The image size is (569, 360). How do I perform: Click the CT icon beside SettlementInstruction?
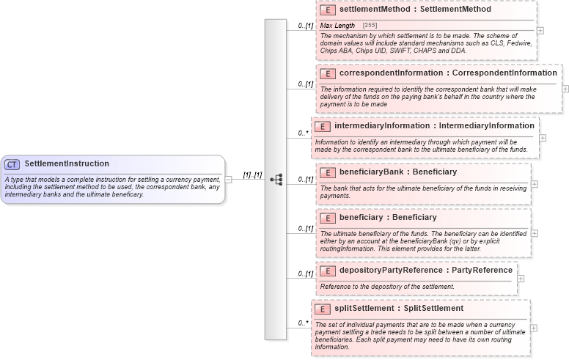(x=12, y=164)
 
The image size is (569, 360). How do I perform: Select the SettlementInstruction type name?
(x=67, y=164)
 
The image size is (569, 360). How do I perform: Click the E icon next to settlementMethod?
(x=328, y=10)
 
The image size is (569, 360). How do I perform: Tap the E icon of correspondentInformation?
(x=328, y=73)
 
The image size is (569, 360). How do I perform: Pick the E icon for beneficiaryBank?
(x=328, y=172)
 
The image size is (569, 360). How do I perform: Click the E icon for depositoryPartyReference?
(x=328, y=271)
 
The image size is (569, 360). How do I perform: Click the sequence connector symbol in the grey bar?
(x=276, y=179)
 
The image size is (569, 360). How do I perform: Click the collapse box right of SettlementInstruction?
(x=229, y=179)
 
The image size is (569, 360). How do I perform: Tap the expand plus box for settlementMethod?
(x=540, y=31)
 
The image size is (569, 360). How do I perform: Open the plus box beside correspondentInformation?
(x=565, y=89)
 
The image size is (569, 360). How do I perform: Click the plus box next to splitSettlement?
(x=533, y=328)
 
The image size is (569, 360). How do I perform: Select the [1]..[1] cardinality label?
(x=253, y=175)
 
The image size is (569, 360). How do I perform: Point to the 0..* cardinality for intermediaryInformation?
(x=303, y=133)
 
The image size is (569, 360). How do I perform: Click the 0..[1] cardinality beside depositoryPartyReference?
(x=305, y=273)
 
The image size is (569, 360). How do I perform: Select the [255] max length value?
(x=370, y=26)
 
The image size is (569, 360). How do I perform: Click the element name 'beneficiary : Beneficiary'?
(x=388, y=217)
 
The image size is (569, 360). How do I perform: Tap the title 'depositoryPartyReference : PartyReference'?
(x=426, y=270)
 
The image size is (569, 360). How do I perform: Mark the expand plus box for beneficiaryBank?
(x=534, y=184)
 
